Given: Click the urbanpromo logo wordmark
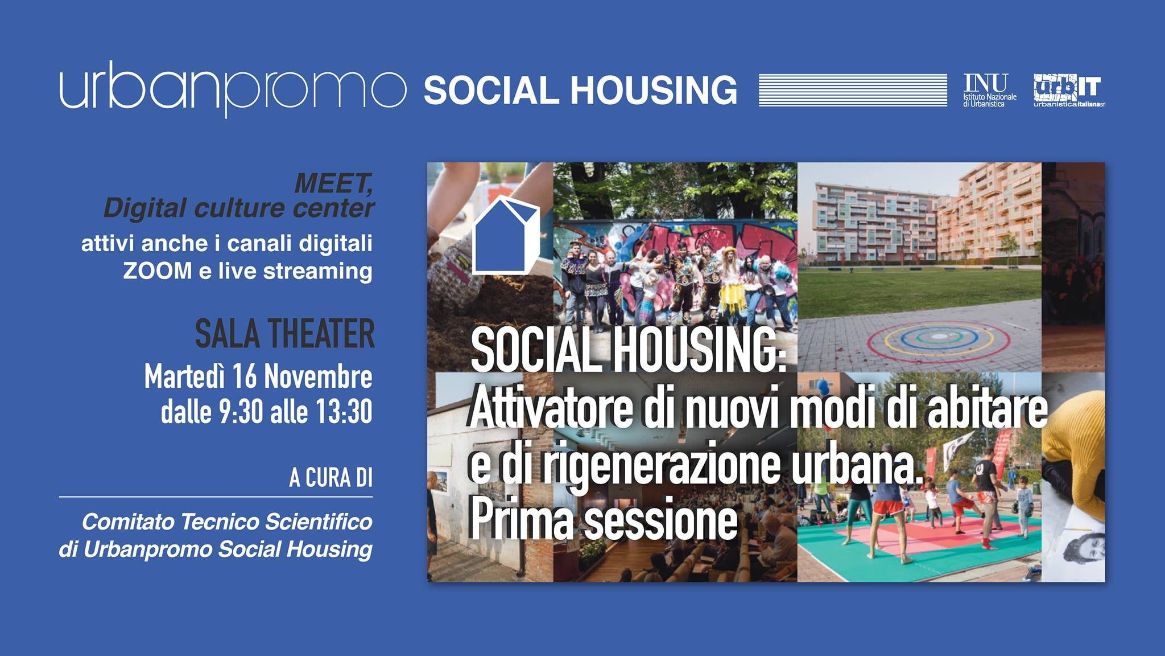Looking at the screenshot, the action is [x=233, y=89].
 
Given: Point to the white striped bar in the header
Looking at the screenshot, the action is [x=853, y=90].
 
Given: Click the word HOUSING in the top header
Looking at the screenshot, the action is [x=654, y=91].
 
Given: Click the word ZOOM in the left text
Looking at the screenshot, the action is [x=158, y=271].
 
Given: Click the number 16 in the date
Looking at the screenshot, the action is [x=245, y=377].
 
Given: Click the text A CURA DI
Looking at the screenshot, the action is [x=331, y=478].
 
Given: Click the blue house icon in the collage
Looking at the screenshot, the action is [x=506, y=235].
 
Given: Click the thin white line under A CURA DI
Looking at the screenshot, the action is [x=216, y=497].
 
